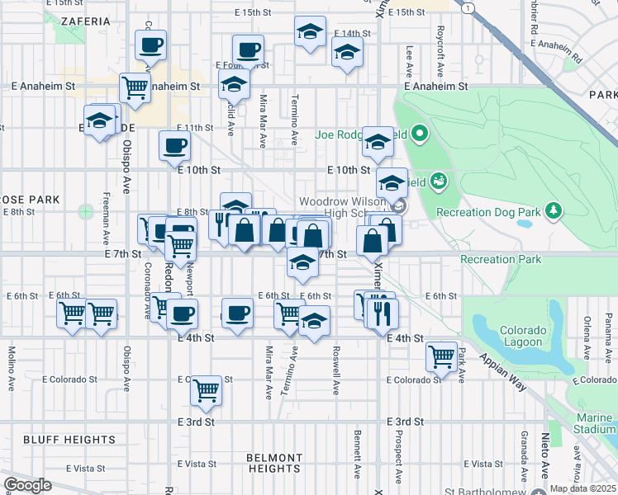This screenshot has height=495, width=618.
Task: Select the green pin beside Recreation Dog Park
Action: (x=552, y=212)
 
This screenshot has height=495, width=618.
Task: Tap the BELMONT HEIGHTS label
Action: (x=274, y=463)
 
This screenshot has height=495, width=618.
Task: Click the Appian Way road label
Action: (x=505, y=362)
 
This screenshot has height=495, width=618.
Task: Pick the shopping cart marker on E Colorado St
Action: (x=206, y=390)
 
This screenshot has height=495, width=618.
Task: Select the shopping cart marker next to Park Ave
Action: (x=442, y=356)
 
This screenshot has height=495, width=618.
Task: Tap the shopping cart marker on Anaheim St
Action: (x=134, y=87)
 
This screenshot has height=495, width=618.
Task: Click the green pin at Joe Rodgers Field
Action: (x=420, y=133)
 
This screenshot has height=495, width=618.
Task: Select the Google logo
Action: (x=27, y=485)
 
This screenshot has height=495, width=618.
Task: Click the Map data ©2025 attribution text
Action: (x=582, y=488)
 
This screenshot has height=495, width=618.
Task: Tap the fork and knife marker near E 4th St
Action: (x=382, y=313)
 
